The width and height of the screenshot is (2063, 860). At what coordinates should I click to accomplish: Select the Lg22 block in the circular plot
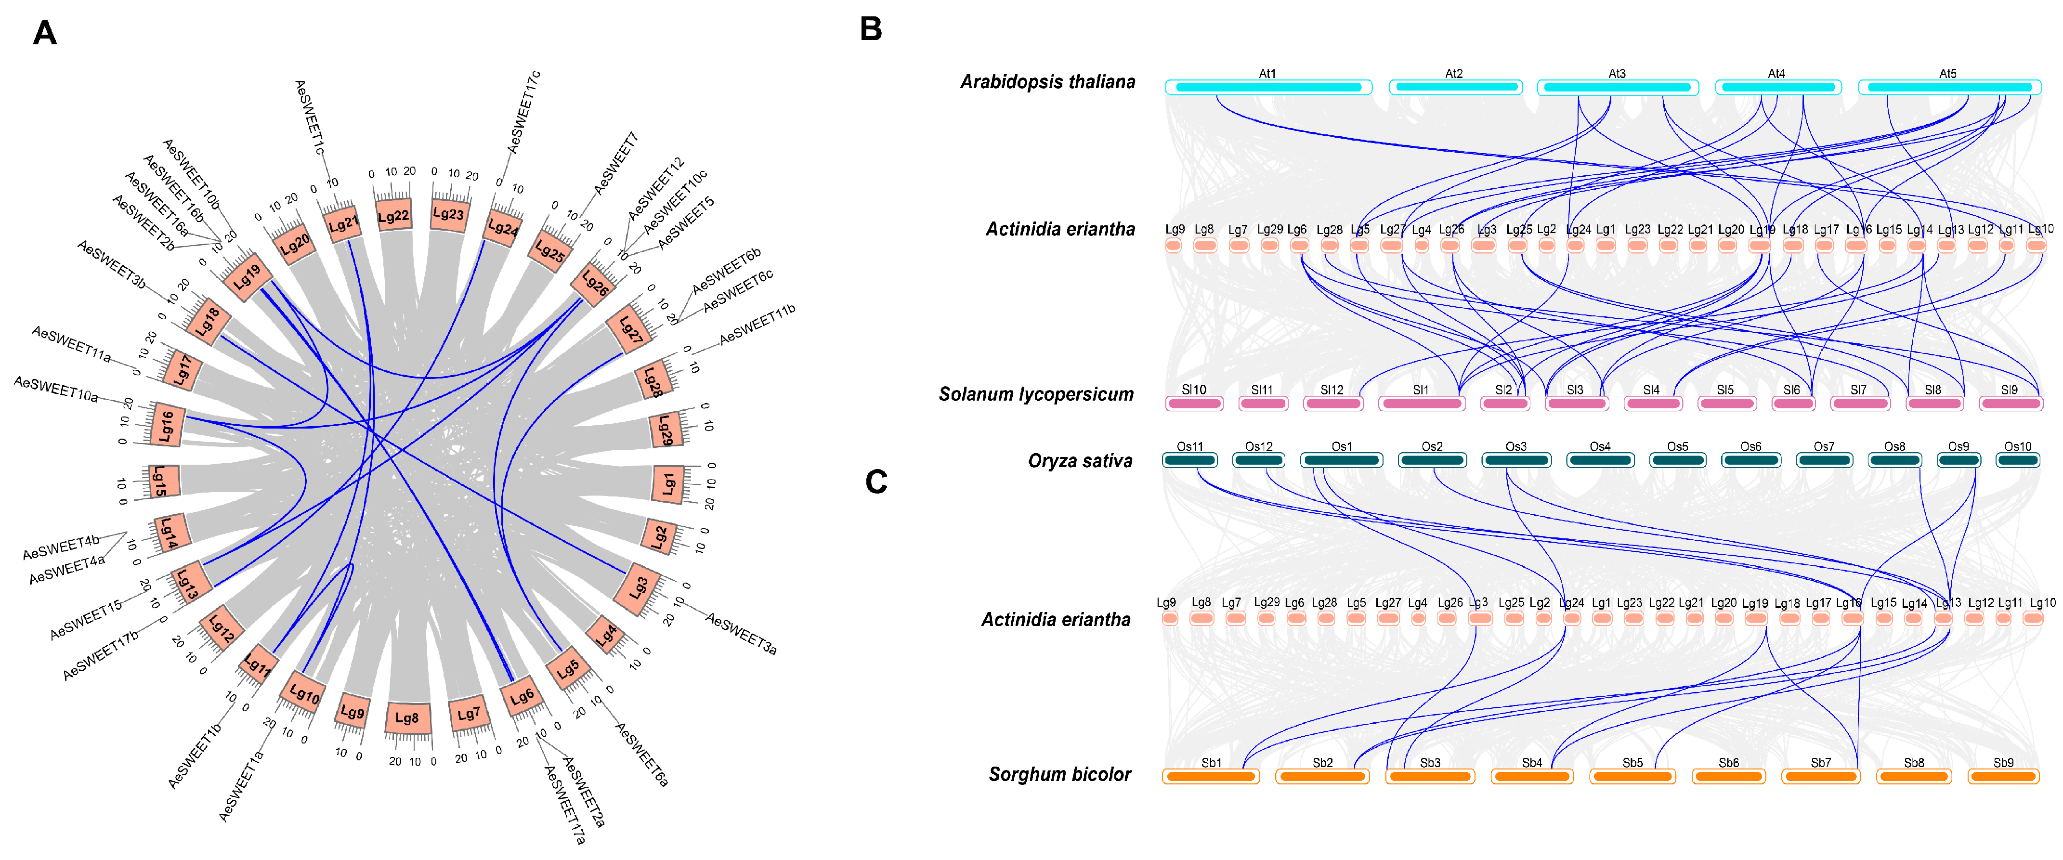pos(393,215)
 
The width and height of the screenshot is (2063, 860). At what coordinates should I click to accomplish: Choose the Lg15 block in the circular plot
pos(161,481)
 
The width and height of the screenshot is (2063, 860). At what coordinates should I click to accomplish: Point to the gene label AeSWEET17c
pos(524,112)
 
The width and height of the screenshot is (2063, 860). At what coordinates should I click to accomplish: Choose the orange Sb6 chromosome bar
pos(1728,776)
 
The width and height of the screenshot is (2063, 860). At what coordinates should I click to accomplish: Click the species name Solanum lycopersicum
pos(1036,394)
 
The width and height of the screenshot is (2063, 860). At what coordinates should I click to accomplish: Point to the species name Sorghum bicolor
pos(1059,774)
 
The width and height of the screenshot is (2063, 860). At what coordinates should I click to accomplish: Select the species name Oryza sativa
pos(1080,460)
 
